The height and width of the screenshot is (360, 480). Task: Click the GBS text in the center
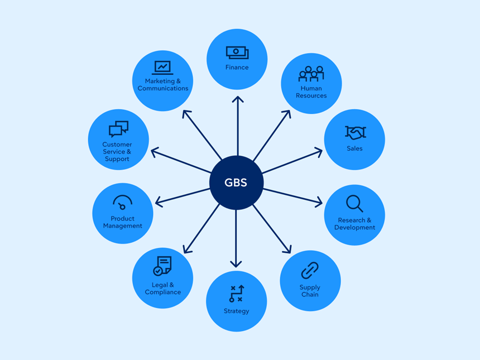click(236, 183)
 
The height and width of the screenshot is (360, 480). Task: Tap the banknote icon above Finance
click(237, 52)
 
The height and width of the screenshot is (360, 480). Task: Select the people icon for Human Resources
click(311, 74)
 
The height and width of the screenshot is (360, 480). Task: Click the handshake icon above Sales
click(355, 132)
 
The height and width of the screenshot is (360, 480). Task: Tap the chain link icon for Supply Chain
click(310, 270)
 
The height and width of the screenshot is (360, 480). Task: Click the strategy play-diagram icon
click(237, 294)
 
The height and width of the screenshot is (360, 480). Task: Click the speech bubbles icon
click(118, 129)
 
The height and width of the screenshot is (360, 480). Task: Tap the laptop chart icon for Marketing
click(162, 68)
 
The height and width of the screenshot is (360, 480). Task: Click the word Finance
click(237, 68)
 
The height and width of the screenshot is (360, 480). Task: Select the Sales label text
click(354, 148)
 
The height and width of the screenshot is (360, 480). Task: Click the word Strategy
click(236, 311)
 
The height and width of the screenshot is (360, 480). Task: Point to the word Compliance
click(163, 292)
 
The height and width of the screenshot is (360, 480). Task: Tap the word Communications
click(163, 88)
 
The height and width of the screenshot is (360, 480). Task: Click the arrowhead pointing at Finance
click(238, 99)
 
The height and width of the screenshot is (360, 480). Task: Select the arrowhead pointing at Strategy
click(236, 264)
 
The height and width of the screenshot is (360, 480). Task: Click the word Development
click(354, 228)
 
